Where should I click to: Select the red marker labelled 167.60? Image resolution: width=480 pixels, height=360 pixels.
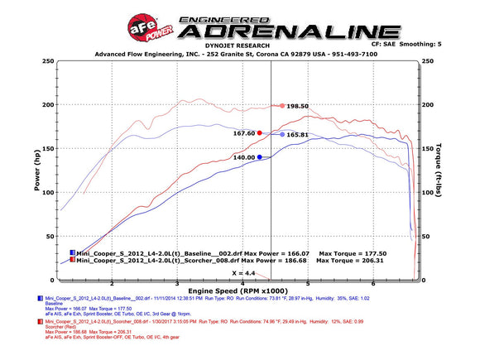260,132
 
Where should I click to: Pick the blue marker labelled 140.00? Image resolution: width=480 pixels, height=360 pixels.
260,156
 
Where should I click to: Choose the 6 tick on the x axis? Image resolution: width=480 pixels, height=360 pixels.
376,284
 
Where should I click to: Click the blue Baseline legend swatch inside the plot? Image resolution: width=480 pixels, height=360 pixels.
72,252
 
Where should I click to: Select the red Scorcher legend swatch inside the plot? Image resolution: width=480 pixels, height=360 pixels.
72,259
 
